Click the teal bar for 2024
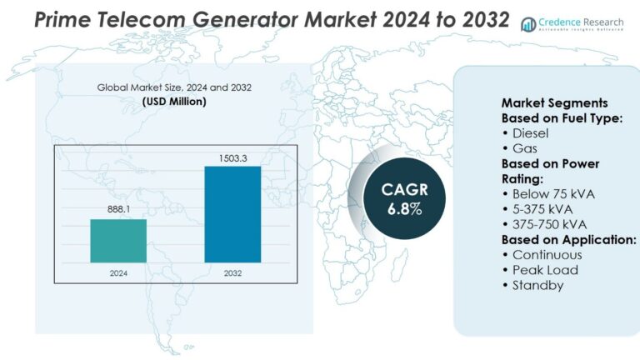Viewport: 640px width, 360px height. (x=118, y=241)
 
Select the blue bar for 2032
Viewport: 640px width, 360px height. (x=232, y=214)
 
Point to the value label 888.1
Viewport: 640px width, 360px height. (x=119, y=209)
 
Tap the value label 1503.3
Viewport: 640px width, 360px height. (x=233, y=158)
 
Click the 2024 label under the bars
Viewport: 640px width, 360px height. (x=118, y=273)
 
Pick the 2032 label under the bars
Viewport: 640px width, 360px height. (x=232, y=273)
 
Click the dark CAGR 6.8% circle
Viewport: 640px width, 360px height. (x=404, y=199)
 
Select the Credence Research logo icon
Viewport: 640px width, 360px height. (x=528, y=24)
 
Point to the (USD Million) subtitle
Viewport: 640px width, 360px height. (x=174, y=101)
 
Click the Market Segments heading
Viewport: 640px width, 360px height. (x=555, y=102)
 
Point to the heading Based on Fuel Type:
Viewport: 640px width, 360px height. (x=562, y=118)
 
